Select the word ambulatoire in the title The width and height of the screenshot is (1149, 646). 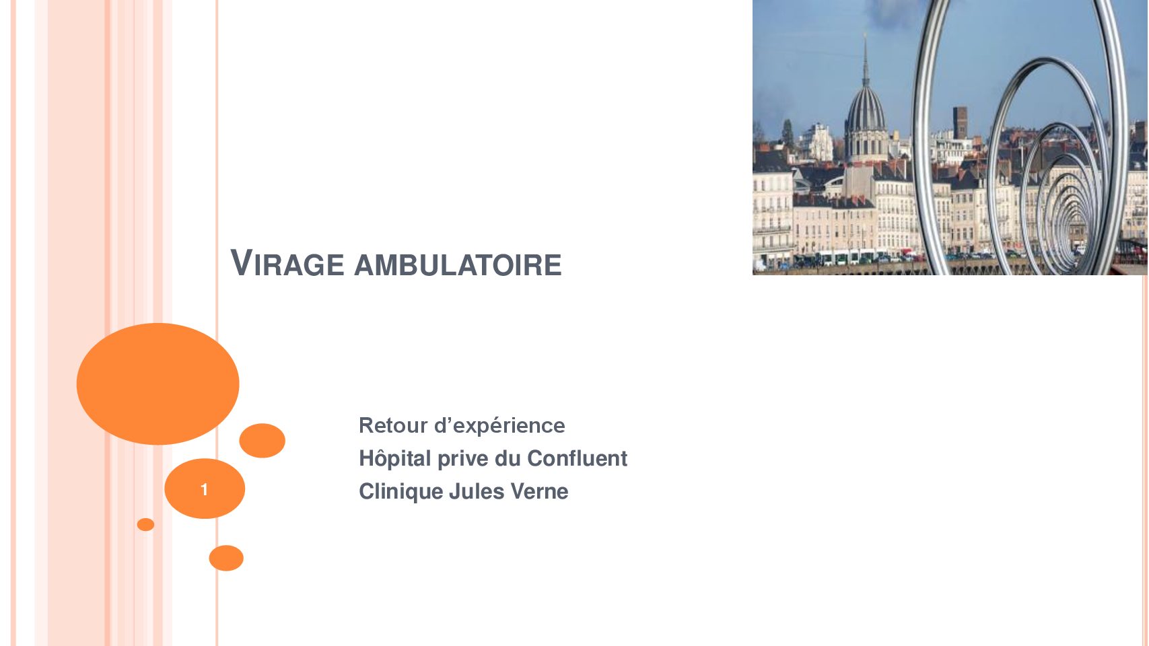[x=458, y=265]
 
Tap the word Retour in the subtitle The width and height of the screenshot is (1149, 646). [x=393, y=425]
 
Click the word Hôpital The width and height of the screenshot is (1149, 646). [x=394, y=458]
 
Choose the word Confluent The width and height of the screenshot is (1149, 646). [x=577, y=458]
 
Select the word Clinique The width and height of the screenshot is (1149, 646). [x=401, y=492]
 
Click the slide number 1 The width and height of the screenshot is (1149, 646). [x=204, y=490]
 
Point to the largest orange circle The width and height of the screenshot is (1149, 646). [x=158, y=384]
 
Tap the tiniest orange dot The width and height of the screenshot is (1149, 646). [x=145, y=524]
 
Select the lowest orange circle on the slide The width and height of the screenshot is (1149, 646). [x=226, y=559]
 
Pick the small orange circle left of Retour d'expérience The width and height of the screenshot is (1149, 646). [x=262, y=440]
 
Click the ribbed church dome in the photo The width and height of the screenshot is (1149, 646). [x=866, y=113]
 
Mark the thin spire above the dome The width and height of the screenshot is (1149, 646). [x=866, y=61]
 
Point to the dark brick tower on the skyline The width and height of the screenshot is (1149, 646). [x=961, y=122]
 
